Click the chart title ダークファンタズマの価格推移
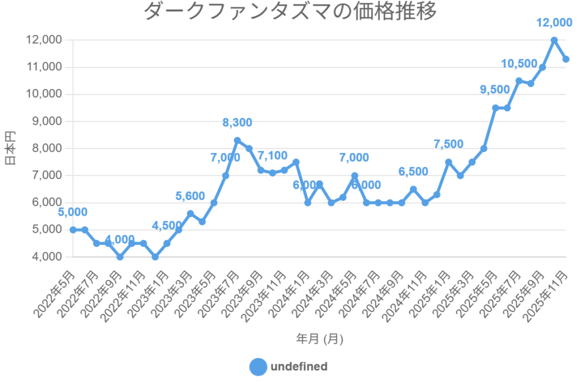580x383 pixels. [290, 11]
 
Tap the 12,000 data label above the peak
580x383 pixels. [554, 23]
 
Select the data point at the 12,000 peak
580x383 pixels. [554, 40]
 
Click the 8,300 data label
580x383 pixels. [237, 122]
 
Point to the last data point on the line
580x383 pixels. [566, 59]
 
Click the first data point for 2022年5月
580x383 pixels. [73, 229]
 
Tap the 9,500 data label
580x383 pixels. [495, 90]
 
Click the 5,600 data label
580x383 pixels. [190, 196]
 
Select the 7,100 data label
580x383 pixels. [272, 155]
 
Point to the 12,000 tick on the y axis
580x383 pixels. [44, 40]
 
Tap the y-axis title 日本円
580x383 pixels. [10, 148]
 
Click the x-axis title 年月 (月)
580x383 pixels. [319, 339]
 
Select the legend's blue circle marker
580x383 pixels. [258, 367]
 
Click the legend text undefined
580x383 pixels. [299, 367]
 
